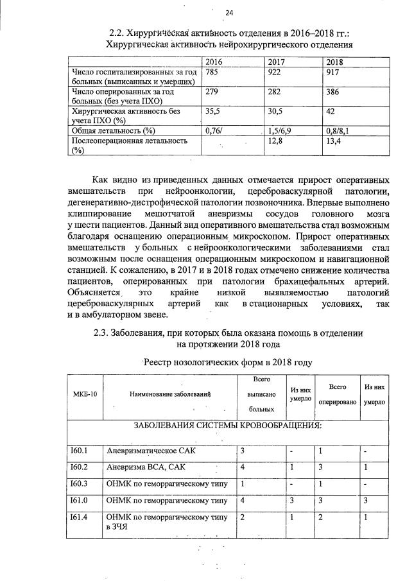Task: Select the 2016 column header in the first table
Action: (x=213, y=62)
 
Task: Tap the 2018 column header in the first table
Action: (x=335, y=62)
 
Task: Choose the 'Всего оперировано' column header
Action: (x=338, y=393)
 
